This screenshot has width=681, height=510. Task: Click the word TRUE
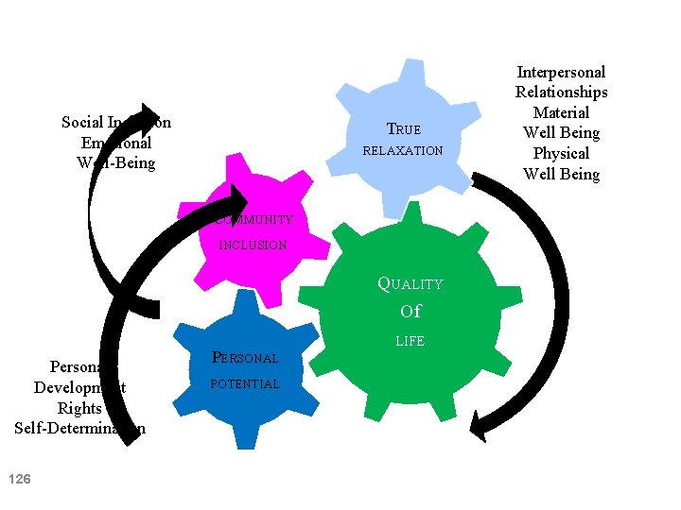[x=404, y=129]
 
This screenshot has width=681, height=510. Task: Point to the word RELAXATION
[x=404, y=151]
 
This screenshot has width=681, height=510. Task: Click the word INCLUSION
[x=253, y=246]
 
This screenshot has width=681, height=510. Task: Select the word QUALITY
[x=410, y=283]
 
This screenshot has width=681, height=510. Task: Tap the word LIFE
[x=410, y=341]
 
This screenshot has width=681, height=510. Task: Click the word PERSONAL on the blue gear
[x=245, y=358]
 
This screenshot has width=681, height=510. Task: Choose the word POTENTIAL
[x=245, y=384]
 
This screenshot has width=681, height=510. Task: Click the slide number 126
[x=19, y=480]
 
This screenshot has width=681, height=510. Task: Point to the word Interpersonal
[x=561, y=72]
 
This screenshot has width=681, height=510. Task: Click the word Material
[x=561, y=112]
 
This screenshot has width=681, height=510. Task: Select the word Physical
[x=561, y=153]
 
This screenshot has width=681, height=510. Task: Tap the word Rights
[x=79, y=408]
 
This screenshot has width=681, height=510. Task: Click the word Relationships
[x=561, y=92]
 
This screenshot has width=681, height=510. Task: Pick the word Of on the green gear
[x=410, y=312]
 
